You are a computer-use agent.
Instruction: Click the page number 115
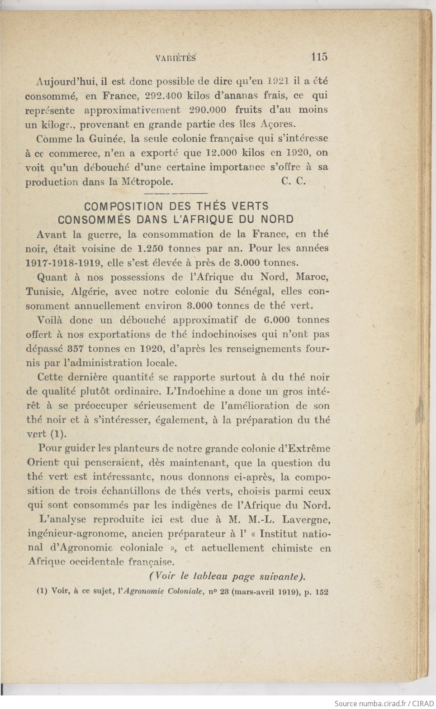(319, 57)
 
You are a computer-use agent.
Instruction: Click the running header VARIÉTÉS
(175, 57)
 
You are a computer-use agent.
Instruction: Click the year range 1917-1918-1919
(63, 263)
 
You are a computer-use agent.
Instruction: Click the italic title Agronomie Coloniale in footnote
(157, 591)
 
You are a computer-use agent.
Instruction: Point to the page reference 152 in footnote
(322, 591)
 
